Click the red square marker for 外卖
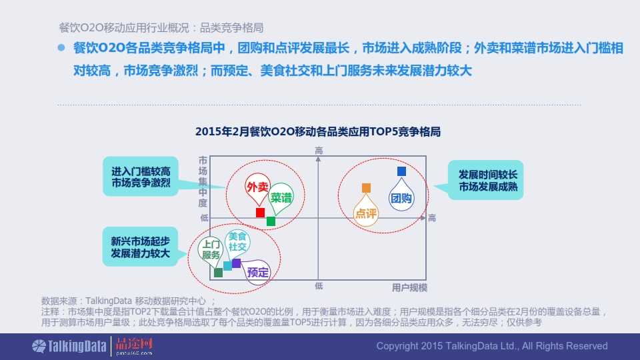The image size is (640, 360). [260, 212]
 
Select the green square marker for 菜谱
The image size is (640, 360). [271, 221]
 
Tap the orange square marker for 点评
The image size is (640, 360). [366, 188]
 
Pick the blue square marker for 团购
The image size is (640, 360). [401, 171]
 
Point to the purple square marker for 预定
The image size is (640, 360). [236, 263]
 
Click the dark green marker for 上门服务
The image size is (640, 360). [219, 273]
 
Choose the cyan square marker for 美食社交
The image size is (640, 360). [227, 266]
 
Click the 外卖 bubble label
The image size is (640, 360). [257, 187]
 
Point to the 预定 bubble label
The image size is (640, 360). [257, 272]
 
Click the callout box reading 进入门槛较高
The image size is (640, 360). [141, 177]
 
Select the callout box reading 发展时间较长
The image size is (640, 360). [486, 181]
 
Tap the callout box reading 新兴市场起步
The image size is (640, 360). [140, 247]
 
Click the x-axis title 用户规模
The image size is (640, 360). [409, 288]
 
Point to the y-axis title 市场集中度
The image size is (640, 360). [203, 181]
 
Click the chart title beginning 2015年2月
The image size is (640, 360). [318, 132]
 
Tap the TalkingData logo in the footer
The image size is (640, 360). [69, 347]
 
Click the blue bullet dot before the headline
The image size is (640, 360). [61, 48]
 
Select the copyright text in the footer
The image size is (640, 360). [492, 346]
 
